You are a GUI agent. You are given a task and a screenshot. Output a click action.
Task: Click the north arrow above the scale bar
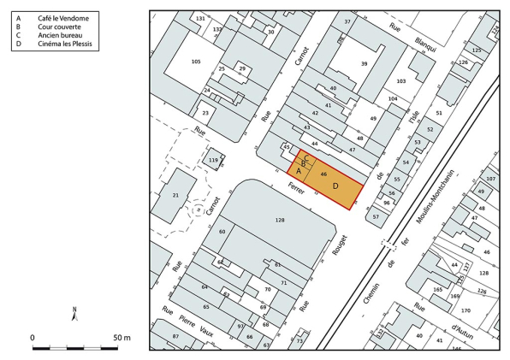[x=74, y=314]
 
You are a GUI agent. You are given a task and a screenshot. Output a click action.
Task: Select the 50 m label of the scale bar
[x=121, y=339]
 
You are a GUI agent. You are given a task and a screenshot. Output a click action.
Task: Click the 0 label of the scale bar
[x=33, y=339]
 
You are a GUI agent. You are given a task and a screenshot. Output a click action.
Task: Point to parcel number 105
[x=196, y=62]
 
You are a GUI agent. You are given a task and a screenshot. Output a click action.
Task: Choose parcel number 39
[x=364, y=64]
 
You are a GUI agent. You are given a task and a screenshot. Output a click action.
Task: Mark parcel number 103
[x=400, y=80]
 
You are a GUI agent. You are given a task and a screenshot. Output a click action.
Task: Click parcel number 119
[x=214, y=160]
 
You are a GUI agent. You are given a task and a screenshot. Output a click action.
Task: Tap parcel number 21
[x=175, y=196]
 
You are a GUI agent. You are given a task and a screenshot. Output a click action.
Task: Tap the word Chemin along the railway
[x=373, y=297]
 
